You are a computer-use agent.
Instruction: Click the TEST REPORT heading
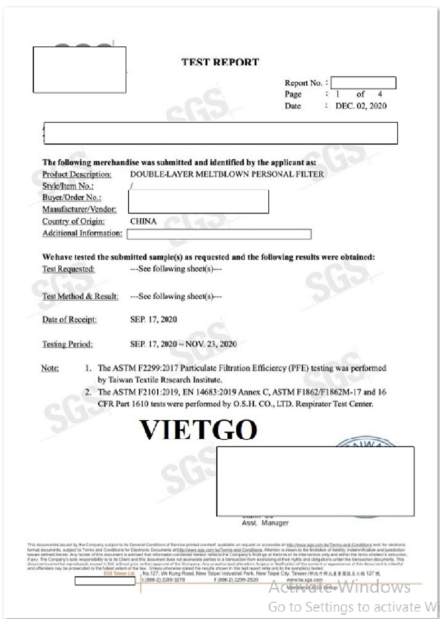point(219,62)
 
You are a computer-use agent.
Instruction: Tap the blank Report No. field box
point(363,82)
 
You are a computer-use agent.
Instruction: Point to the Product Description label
point(76,173)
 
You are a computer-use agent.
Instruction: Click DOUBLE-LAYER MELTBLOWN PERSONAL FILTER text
point(227,173)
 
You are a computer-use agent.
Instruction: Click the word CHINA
point(143,221)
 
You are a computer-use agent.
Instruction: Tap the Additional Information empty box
point(219,234)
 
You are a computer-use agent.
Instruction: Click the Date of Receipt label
point(69,320)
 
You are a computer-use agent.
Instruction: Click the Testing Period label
point(67,344)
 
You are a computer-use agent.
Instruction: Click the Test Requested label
point(69,269)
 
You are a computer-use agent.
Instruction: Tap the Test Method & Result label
point(80,296)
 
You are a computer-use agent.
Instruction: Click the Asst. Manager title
point(265,523)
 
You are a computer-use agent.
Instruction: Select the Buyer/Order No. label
point(72,197)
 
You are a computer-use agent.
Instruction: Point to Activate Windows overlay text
point(339,588)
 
